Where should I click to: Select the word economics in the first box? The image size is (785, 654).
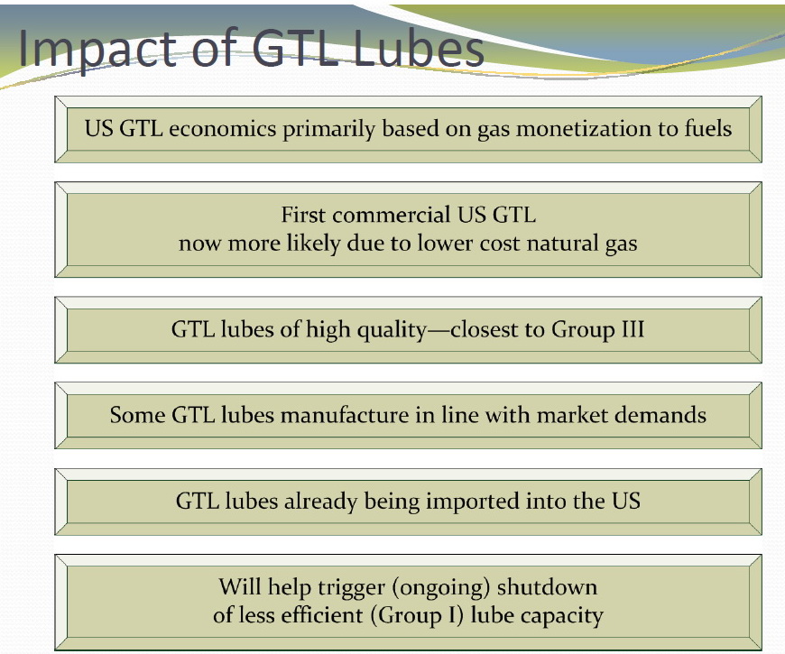tap(223, 129)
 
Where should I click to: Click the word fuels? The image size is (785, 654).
tap(708, 128)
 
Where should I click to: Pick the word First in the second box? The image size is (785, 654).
tap(303, 215)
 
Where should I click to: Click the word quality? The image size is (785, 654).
tap(391, 330)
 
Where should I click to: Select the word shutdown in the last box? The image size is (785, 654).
tap(547, 587)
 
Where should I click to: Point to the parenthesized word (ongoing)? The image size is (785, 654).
tap(440, 588)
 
